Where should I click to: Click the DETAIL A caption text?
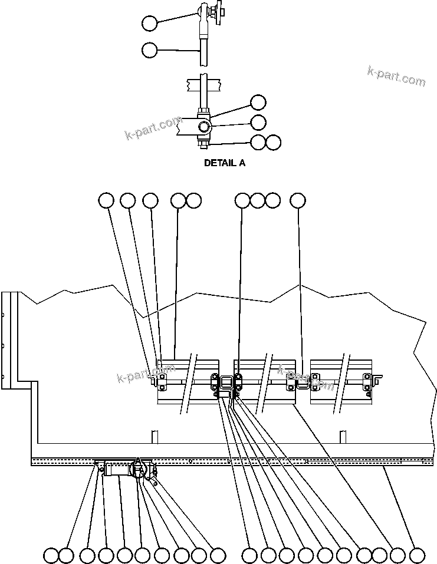[x=224, y=163]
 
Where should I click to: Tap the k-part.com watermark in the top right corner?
[x=396, y=76]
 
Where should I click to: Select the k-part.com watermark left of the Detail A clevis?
[x=153, y=129]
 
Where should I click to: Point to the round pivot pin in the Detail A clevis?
[x=203, y=127]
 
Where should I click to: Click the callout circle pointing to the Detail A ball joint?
[x=150, y=23]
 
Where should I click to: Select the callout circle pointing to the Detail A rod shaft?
[x=150, y=50]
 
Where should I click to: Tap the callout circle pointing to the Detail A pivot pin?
[x=258, y=122]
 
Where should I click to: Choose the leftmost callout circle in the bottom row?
[x=51, y=555]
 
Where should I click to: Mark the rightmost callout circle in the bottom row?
[x=417, y=555]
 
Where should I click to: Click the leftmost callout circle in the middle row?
[x=106, y=200]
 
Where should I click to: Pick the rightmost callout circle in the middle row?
[x=298, y=200]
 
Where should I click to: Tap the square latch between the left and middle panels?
[x=225, y=382]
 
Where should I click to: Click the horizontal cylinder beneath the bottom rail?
[x=119, y=470]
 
